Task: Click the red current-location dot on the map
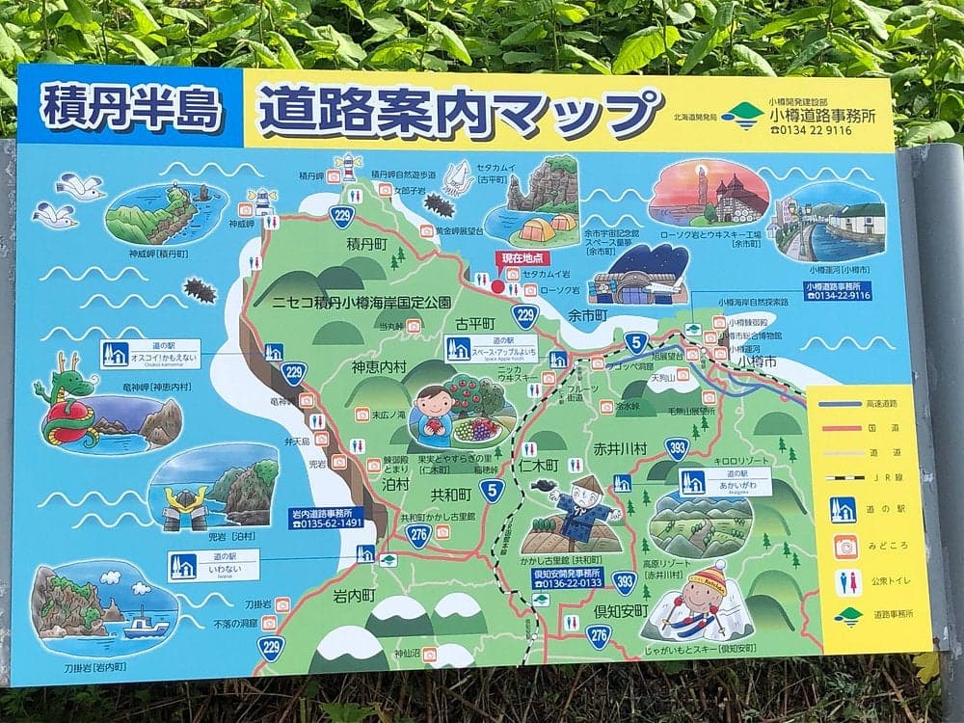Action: point(498,286)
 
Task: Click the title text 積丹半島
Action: point(132,106)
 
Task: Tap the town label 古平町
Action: point(474,322)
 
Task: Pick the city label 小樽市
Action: point(758,360)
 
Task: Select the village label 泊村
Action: point(395,484)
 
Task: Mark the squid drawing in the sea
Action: point(457,178)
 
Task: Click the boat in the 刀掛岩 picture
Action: point(146,626)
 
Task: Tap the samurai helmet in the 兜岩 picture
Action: point(183,506)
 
